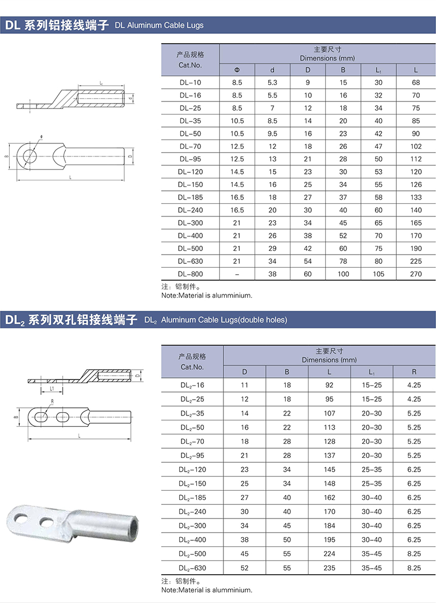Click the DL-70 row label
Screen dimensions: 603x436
(190, 146)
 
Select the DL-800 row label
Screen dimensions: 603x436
(190, 274)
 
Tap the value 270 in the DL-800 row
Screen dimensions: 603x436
(416, 274)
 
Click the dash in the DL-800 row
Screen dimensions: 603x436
(237, 274)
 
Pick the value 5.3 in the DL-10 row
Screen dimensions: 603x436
(272, 82)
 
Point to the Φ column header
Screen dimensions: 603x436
(237, 70)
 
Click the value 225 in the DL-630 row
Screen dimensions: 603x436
(416, 261)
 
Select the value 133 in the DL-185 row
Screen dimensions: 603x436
(416, 197)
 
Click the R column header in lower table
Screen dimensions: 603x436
(414, 372)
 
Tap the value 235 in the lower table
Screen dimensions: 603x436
(330, 568)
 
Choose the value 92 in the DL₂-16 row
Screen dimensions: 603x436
(330, 385)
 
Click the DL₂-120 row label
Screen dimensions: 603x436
(192, 469)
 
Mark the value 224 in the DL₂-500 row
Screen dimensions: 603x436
(330, 554)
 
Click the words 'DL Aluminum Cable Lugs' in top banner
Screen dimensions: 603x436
(160, 26)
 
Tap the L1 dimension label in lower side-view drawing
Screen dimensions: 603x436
(51, 389)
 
